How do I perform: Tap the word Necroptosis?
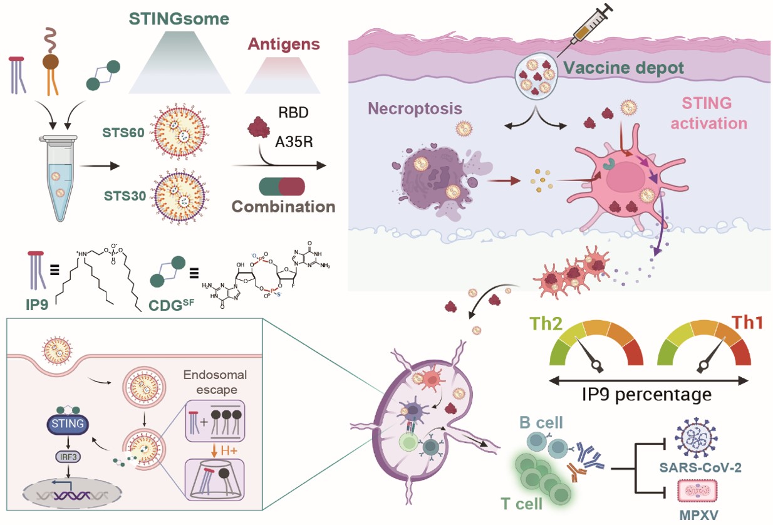tap(415, 108)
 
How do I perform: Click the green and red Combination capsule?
tap(281, 187)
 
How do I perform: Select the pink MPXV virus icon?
tap(698, 489)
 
